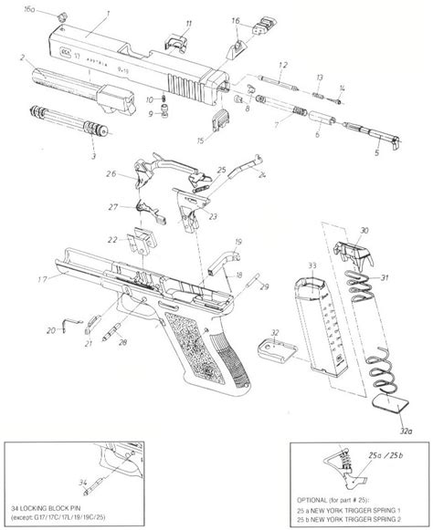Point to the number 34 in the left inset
[83, 482]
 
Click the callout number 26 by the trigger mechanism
[110, 174]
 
